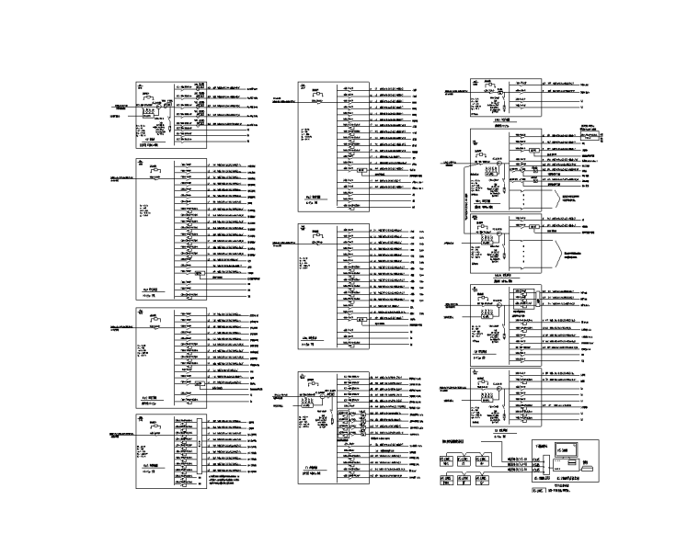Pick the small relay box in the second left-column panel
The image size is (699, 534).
click(x=200, y=274)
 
